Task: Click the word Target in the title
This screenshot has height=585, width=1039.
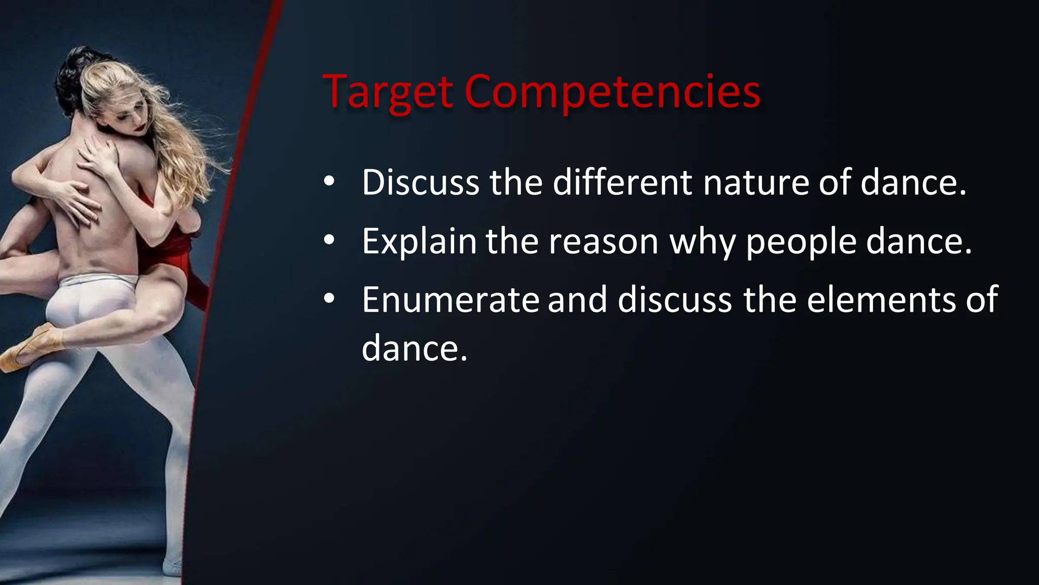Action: (388, 92)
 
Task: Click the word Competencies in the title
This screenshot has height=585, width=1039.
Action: (612, 92)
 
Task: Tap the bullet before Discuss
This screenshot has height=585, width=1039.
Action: (329, 181)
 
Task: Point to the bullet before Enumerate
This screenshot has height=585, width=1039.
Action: (329, 299)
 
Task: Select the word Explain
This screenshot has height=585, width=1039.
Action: (419, 241)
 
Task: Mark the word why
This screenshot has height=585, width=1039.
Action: (703, 242)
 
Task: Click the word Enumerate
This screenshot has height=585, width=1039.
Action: (450, 300)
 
